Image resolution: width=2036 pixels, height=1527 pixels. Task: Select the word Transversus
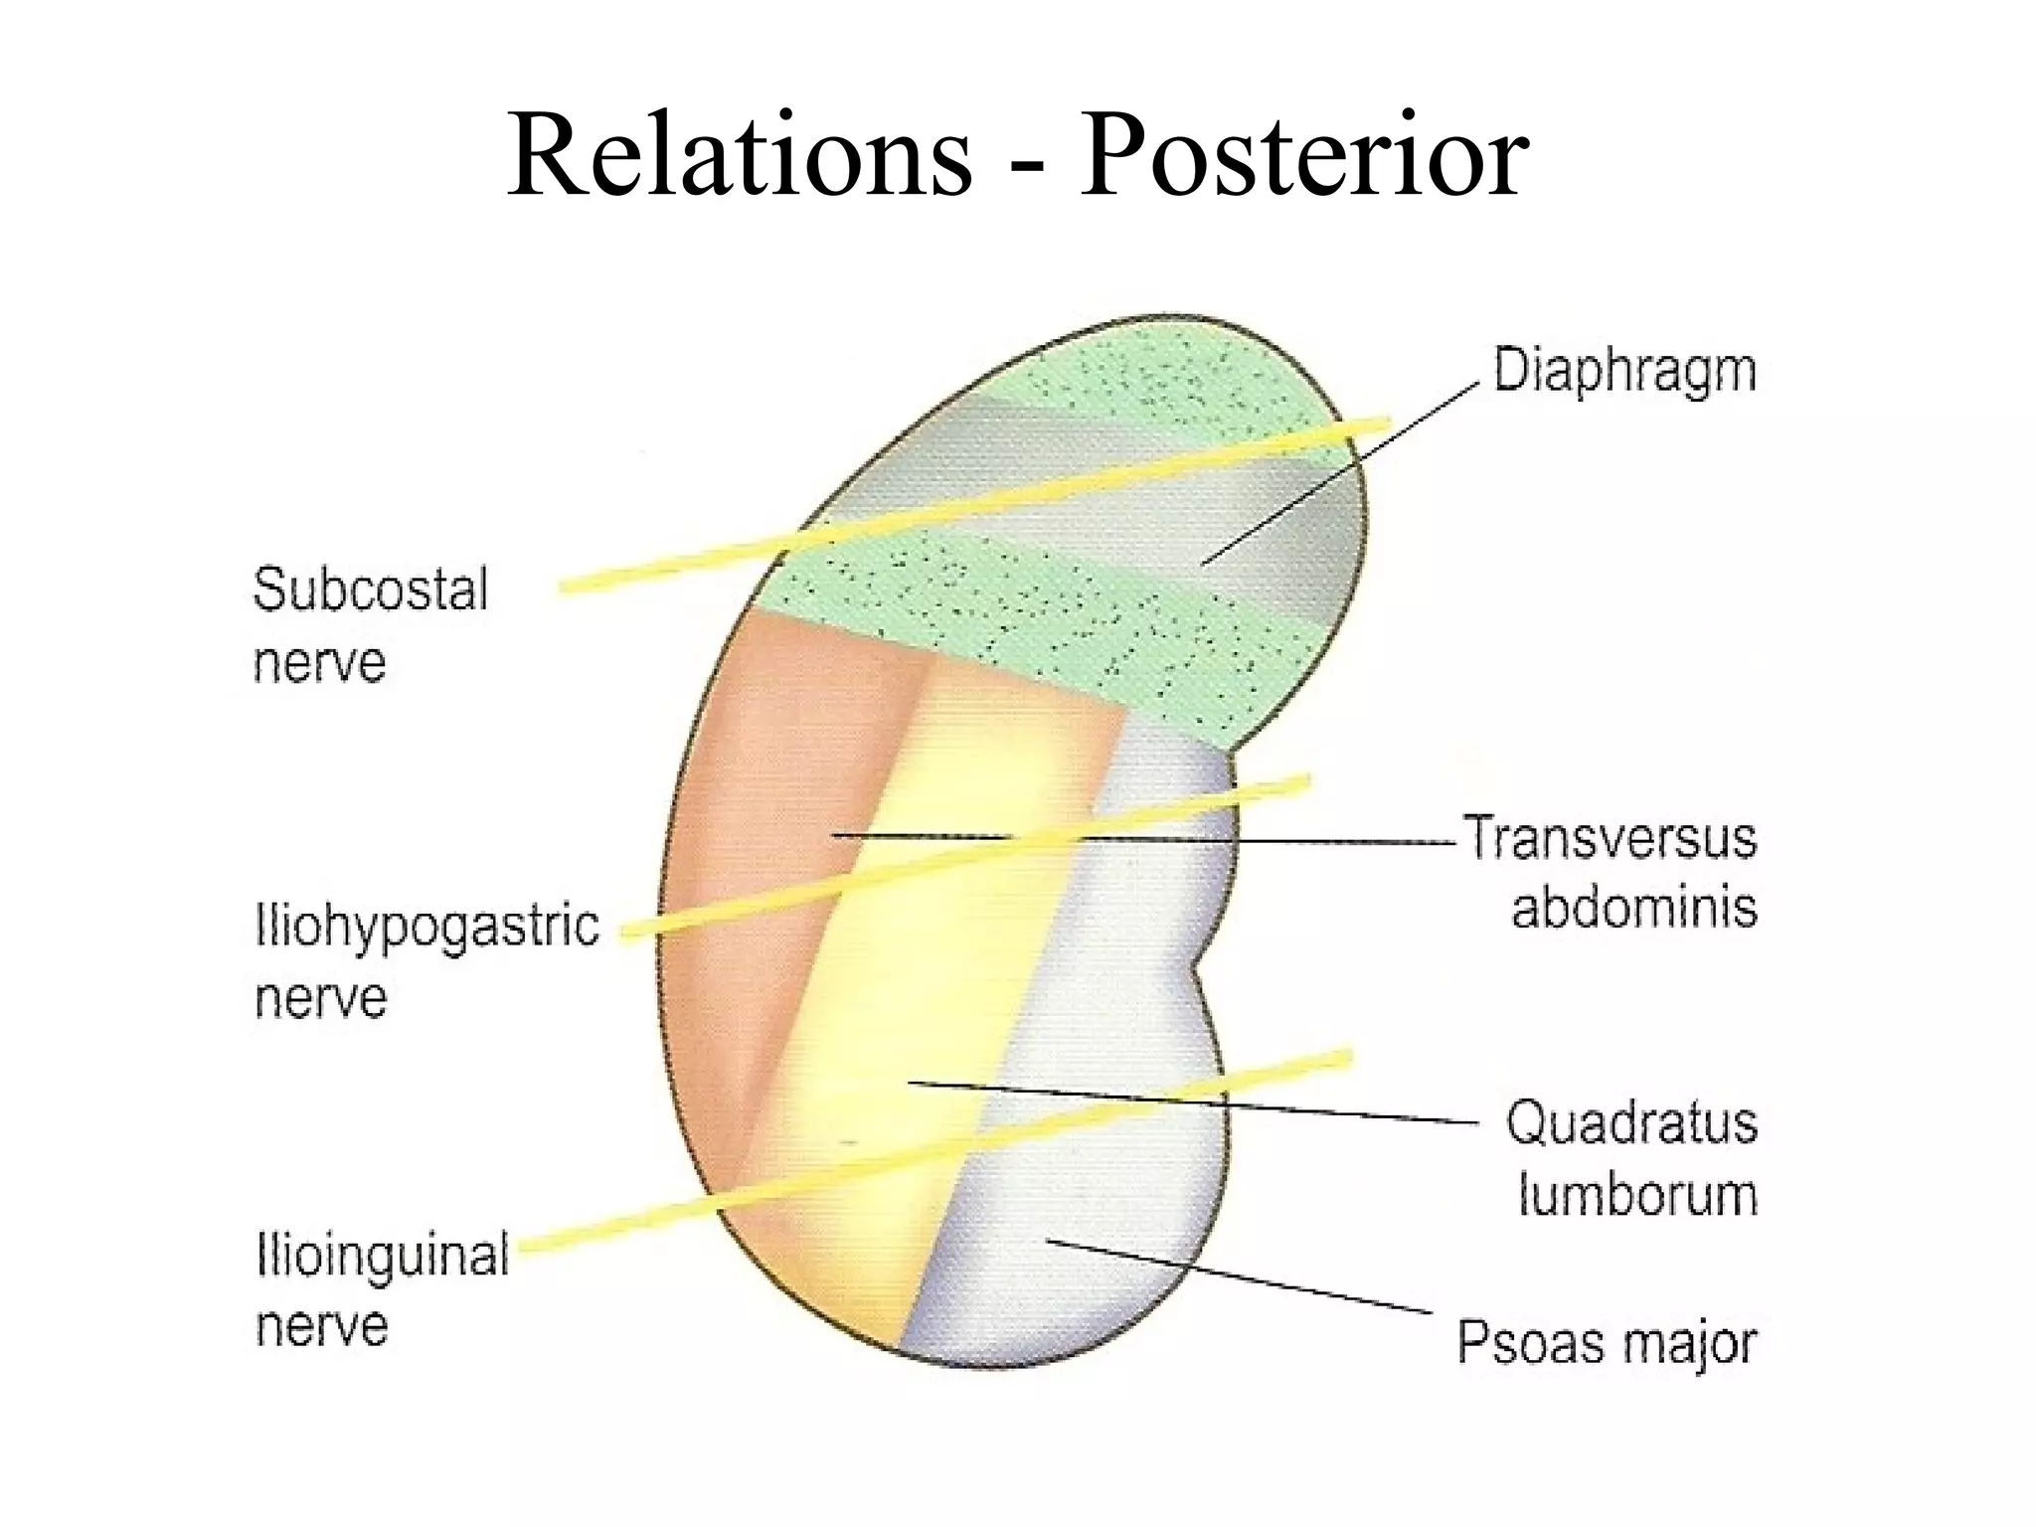(1610, 838)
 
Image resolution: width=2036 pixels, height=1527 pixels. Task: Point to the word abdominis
(1634, 908)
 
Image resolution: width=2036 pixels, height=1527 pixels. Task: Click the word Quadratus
(1631, 1123)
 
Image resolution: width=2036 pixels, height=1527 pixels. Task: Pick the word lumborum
(1637, 1194)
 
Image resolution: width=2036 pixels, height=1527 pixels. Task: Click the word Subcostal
(370, 589)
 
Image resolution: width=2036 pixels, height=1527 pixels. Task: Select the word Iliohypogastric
(427, 927)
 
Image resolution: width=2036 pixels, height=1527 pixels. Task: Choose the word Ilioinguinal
(383, 1255)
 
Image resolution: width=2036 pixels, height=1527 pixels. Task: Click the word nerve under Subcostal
(319, 662)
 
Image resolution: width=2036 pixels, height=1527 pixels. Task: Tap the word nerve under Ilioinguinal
(321, 1326)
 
